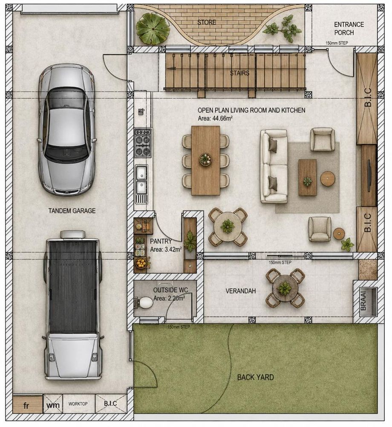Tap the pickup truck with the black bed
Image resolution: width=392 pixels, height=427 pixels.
[x=72, y=305]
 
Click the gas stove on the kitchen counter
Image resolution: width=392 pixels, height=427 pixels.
[x=143, y=143]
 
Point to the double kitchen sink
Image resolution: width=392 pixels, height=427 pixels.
[x=142, y=179]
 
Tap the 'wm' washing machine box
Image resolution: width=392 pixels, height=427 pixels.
[x=53, y=405]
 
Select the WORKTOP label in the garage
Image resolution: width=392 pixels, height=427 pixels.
[x=78, y=404]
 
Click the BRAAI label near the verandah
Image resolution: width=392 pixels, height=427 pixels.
[x=363, y=301]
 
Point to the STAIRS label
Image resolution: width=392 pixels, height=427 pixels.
[x=239, y=73]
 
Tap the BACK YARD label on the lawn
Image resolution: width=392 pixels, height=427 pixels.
[x=255, y=377]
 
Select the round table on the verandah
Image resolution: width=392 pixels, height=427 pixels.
[x=285, y=288]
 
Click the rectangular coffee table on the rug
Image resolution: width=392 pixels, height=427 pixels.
[x=308, y=178]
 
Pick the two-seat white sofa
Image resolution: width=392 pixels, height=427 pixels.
[x=274, y=167]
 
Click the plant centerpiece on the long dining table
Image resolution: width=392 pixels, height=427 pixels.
[x=206, y=159]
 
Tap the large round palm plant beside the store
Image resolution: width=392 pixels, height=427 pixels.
[x=153, y=29]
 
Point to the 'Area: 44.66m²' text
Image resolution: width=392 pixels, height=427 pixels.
[x=215, y=119]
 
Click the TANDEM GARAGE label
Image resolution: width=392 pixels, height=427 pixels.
[x=72, y=211]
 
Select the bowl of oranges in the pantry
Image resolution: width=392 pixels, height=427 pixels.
[x=141, y=263]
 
